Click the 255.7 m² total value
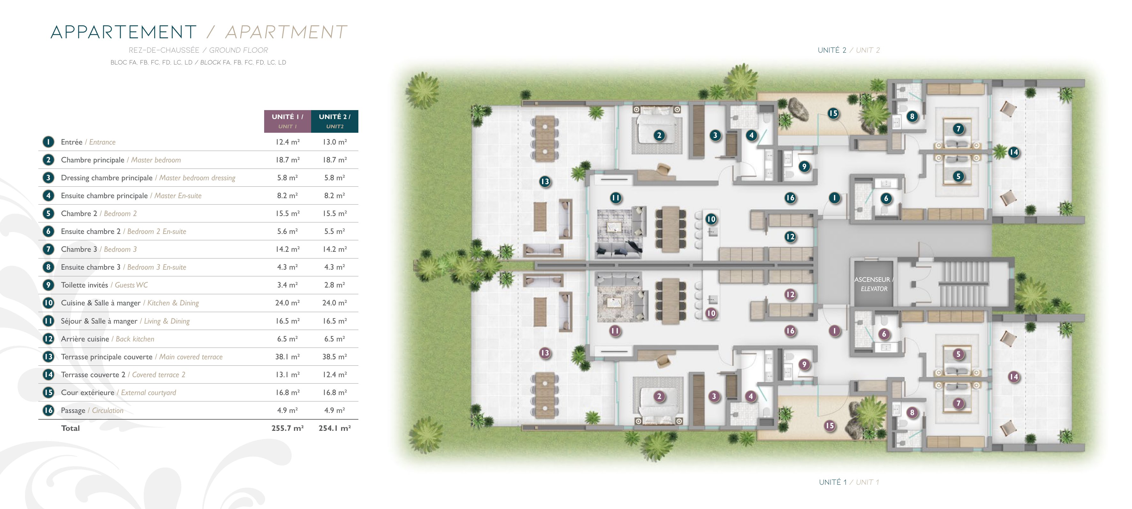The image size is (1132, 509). (287, 428)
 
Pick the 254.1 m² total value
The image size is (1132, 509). (334, 428)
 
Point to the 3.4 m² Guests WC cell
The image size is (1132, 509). (287, 285)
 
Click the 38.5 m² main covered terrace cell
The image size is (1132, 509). (334, 356)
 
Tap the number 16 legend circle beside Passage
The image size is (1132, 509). (48, 410)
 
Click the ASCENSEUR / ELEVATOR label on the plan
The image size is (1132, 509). (874, 284)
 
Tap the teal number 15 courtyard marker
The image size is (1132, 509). (833, 113)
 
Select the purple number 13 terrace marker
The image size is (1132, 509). (545, 353)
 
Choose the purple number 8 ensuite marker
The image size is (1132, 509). (912, 412)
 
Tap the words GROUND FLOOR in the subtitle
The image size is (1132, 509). (239, 50)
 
